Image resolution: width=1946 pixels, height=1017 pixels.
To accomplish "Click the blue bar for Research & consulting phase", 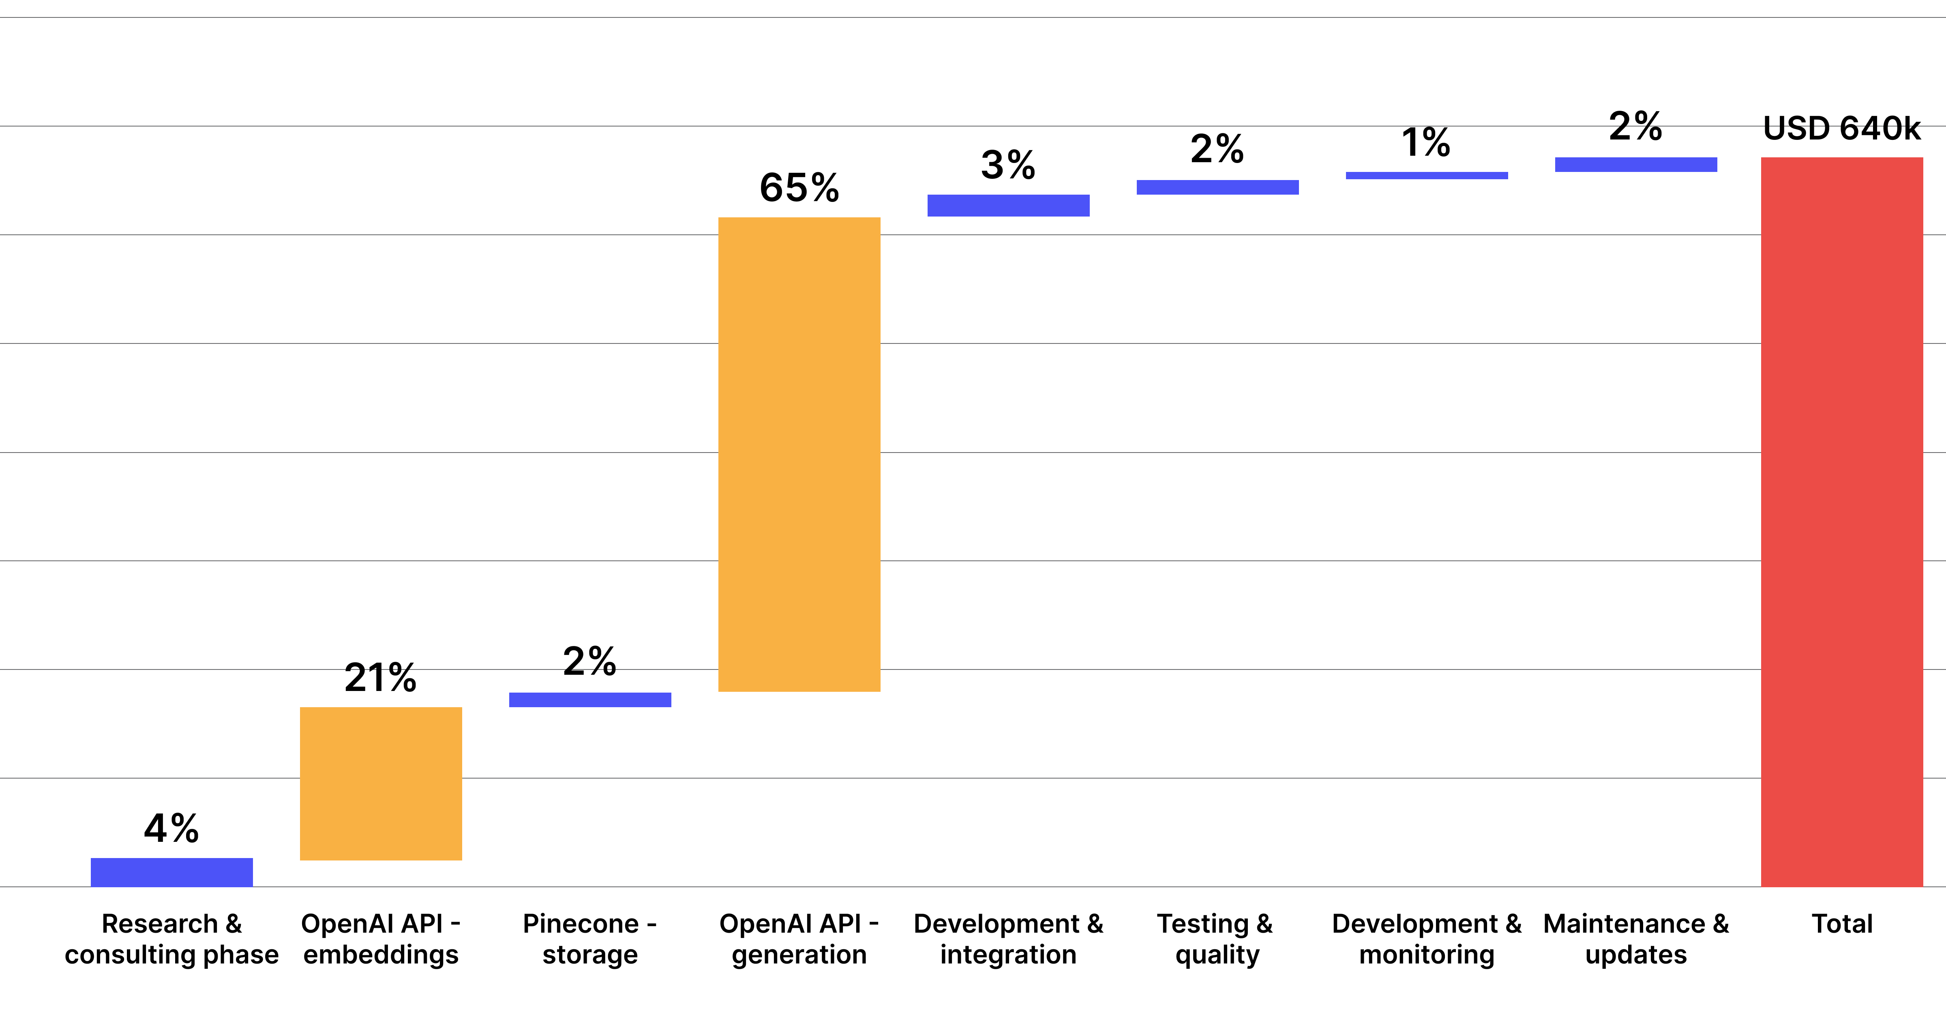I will point(171,872).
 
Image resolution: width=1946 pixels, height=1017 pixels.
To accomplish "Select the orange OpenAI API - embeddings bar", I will point(381,783).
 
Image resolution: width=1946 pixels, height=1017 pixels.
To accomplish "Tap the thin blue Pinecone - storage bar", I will point(590,699).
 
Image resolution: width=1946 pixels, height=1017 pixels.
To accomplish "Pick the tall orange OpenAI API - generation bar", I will point(799,454).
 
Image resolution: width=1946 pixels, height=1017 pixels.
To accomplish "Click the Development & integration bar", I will point(1009,206).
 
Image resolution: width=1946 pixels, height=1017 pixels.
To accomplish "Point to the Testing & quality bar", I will point(1218,187).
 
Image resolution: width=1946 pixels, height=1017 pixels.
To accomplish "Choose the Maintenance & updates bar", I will point(1635,165).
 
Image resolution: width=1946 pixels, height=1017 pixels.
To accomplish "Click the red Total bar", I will point(1842,521).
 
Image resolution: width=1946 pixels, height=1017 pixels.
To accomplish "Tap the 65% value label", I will point(799,187).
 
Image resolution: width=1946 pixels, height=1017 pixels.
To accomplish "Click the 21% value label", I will point(381,677).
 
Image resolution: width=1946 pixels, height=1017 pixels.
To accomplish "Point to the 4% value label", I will point(171,828).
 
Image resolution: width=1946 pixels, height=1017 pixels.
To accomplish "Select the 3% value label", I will point(1009,165).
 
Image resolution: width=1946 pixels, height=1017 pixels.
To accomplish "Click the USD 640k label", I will point(1842,129).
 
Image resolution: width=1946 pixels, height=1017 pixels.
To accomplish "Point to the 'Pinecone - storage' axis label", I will point(590,939).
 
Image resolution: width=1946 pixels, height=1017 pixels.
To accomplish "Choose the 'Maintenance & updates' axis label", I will point(1635,939).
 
